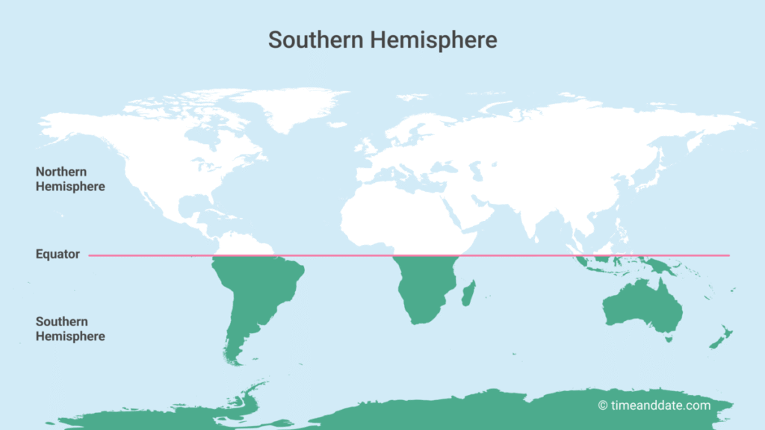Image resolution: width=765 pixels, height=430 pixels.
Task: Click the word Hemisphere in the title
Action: [433, 40]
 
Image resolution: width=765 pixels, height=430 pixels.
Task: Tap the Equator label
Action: [58, 255]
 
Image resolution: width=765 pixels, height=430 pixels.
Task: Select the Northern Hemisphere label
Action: [70, 179]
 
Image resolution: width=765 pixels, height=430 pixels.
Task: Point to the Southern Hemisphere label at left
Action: [70, 329]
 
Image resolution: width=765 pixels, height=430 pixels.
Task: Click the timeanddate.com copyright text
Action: [654, 405]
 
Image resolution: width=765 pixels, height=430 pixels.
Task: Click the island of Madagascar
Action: [469, 293]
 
